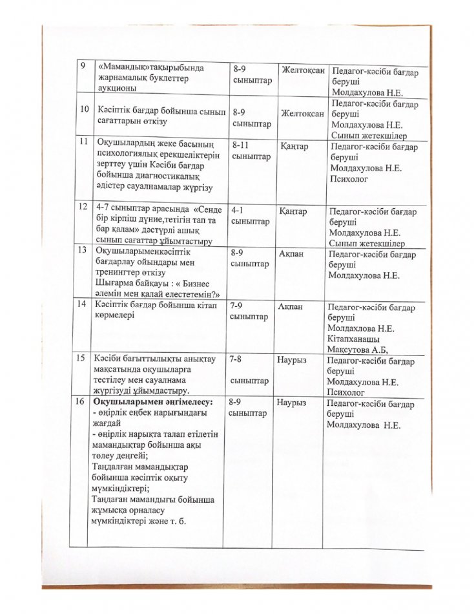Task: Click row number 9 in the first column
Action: click(x=82, y=67)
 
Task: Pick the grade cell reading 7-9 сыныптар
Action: click(x=248, y=310)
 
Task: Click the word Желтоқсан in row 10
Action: click(x=302, y=114)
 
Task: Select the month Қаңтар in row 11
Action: click(x=294, y=147)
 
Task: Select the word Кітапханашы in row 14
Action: click(x=353, y=339)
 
